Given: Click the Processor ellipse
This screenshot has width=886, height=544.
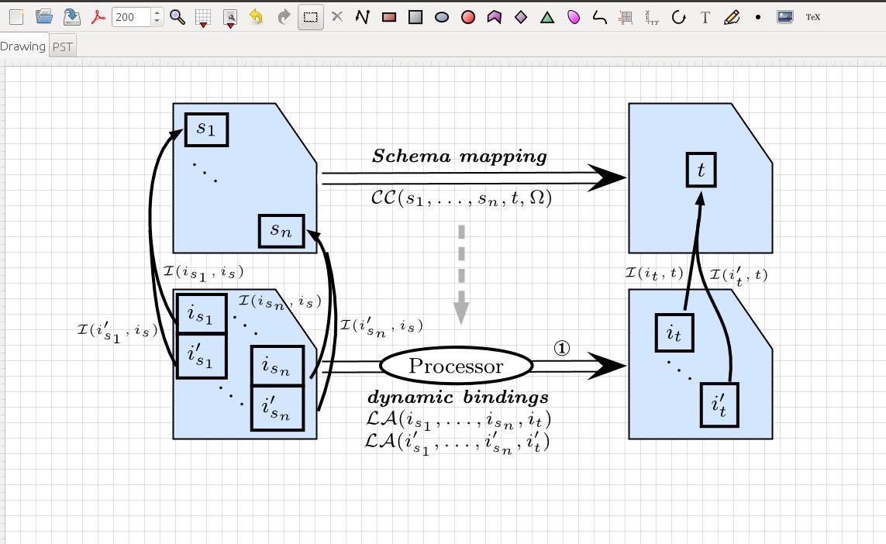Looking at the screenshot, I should [x=456, y=366].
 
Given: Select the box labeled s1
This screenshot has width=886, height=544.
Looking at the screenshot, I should [x=206, y=129].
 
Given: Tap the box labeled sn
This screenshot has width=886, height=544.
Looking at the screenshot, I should [x=281, y=230].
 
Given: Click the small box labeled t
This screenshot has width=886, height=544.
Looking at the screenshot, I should [x=701, y=170].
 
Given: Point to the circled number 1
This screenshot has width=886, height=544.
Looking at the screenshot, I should [x=562, y=349].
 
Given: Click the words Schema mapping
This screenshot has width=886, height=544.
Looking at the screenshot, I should [x=460, y=156].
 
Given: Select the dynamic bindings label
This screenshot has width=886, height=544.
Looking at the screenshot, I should [x=457, y=398].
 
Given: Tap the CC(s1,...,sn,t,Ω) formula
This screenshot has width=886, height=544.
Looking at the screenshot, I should [x=461, y=198].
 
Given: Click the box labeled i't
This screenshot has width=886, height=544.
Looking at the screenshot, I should [x=719, y=405].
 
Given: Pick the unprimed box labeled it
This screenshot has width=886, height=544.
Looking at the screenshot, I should [x=674, y=332].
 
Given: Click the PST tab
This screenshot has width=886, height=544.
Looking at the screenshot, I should [x=63, y=46].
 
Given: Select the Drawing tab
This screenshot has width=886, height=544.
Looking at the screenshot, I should [x=22, y=46].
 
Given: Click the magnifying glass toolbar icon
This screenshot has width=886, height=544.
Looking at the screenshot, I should [x=178, y=17].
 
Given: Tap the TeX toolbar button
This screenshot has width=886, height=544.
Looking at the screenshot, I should [x=812, y=17].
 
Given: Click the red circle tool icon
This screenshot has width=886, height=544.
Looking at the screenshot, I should [x=468, y=17].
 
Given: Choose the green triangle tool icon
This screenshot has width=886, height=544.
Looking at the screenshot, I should [x=547, y=17].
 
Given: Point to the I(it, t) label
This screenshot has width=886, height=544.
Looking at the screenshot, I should [x=654, y=273].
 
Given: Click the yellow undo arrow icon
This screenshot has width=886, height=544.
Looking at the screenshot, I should [x=256, y=17].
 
